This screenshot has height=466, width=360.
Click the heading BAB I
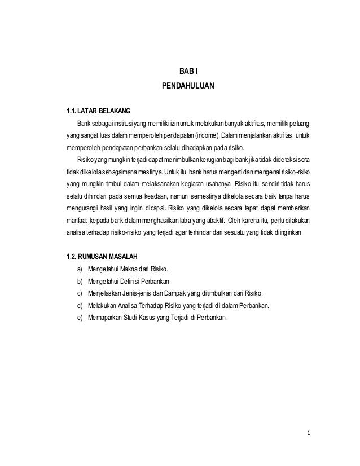point(186,72)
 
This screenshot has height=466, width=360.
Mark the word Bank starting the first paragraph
point(84,124)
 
